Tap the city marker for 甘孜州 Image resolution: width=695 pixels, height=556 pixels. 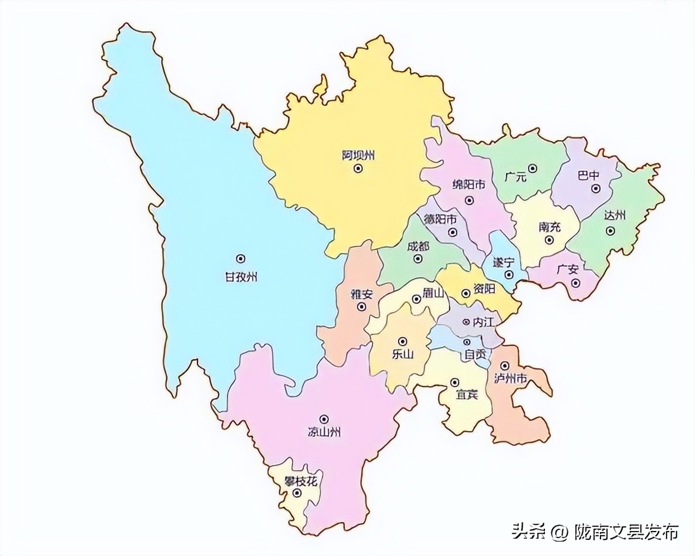[241, 258]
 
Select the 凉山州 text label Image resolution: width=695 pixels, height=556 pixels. [324, 431]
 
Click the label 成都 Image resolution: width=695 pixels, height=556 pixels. [418, 246]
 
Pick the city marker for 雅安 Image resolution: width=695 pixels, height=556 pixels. [362, 306]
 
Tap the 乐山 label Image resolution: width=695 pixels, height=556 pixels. [403, 354]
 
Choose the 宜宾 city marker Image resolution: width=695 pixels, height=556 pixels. [455, 383]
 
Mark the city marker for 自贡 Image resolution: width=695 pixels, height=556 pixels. [467, 341]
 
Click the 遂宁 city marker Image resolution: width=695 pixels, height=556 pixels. [508, 275]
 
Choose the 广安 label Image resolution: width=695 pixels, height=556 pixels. [568, 269]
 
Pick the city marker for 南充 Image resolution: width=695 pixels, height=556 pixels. [549, 240]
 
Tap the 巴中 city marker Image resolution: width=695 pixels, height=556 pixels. [595, 188]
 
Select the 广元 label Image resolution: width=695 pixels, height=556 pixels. [515, 177]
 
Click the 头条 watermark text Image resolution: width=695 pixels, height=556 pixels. [528, 532]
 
